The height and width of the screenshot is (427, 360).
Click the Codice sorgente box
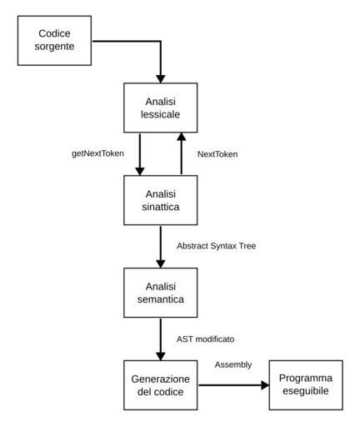(54, 41)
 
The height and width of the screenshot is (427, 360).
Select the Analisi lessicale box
(161, 108)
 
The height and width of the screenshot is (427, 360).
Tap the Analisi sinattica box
(161, 200)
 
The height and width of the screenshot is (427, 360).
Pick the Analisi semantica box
(161, 293)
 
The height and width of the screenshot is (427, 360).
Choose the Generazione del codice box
(161, 385)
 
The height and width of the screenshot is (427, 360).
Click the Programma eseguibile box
(306, 385)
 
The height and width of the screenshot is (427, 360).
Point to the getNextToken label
(97, 153)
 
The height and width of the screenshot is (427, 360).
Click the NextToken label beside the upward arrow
(217, 154)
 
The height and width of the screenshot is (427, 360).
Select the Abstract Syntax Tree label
(217, 246)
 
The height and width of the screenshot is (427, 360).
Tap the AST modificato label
(206, 339)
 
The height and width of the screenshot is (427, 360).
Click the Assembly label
(233, 365)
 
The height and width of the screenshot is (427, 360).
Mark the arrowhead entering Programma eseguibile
(265, 385)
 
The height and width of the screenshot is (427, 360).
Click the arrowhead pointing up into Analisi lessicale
(182, 137)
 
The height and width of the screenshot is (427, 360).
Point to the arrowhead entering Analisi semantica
(161, 264)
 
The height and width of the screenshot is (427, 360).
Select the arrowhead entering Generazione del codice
(161, 356)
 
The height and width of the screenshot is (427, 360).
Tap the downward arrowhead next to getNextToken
(140, 171)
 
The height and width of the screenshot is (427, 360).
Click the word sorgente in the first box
(54, 47)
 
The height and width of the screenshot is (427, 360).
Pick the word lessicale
(161, 114)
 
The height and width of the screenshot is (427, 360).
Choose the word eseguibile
(306, 391)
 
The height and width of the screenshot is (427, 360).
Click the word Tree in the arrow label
(248, 246)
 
